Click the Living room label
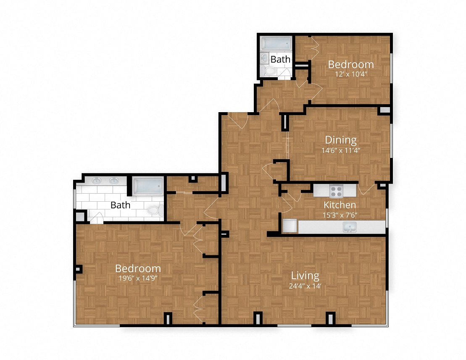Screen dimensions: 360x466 point(305,276)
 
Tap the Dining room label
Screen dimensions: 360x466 point(340,139)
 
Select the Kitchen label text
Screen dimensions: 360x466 point(340,205)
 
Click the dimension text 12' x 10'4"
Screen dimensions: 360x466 point(351,74)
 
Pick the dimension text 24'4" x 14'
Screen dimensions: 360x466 point(305,286)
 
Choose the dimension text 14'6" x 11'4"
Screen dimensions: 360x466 point(340,150)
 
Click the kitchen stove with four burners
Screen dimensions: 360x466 point(336,191)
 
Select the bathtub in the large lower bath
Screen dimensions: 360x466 point(147,186)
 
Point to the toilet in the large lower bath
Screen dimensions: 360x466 point(154,210)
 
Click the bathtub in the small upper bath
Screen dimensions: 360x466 point(276,44)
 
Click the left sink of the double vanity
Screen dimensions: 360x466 point(97,181)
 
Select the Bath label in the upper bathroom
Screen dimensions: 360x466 point(280,59)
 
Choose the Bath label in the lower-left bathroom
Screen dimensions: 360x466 point(120,205)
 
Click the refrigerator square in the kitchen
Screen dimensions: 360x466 point(290,226)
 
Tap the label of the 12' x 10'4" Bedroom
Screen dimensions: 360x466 point(351,64)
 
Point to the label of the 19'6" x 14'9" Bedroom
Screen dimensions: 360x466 point(138,268)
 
